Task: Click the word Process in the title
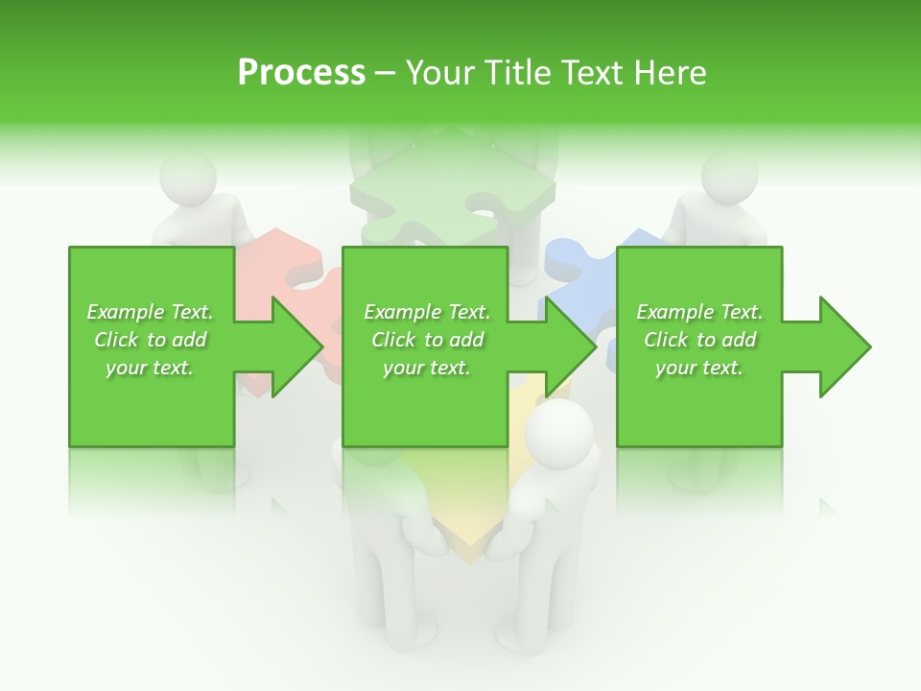[x=301, y=73]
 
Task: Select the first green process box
[x=152, y=403]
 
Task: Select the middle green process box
[x=425, y=403]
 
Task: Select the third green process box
[x=699, y=403]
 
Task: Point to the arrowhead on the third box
[x=843, y=346]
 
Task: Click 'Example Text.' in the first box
[x=150, y=312]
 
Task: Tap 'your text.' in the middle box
[x=426, y=368]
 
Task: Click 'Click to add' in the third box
[x=699, y=340]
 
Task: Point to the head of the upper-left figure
[x=187, y=178]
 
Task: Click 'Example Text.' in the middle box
[x=427, y=312]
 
